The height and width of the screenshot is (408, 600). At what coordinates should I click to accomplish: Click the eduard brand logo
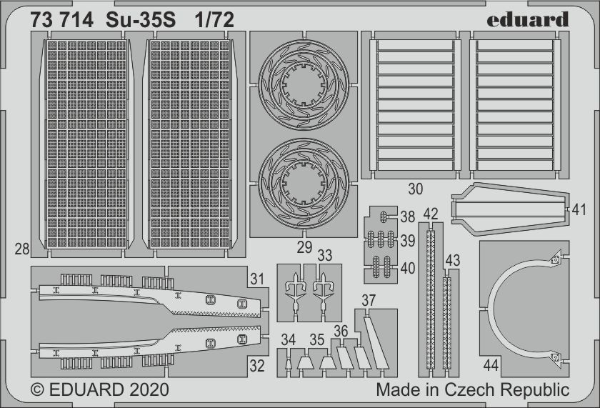pos(528,19)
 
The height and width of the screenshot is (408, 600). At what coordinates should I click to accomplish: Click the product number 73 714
pos(61,20)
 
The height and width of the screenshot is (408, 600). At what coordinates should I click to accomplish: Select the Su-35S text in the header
pos(143,20)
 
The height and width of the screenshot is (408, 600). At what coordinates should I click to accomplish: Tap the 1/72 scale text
pos(214,20)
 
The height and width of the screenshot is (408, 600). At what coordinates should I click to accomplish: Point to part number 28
pos(21,249)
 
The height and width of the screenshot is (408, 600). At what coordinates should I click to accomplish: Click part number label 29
pos(305,247)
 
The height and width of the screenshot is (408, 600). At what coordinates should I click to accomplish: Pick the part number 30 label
pos(416,190)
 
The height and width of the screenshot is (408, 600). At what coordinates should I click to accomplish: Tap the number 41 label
pos(579,210)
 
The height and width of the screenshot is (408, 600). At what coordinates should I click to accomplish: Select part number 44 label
pos(490,366)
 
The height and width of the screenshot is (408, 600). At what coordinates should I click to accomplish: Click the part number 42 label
pos(430,214)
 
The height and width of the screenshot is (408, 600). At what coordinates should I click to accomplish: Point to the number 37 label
pos(369,301)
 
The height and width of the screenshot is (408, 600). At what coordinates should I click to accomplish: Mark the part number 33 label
pos(325,255)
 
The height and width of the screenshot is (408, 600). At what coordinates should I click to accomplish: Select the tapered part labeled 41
pos(507,207)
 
